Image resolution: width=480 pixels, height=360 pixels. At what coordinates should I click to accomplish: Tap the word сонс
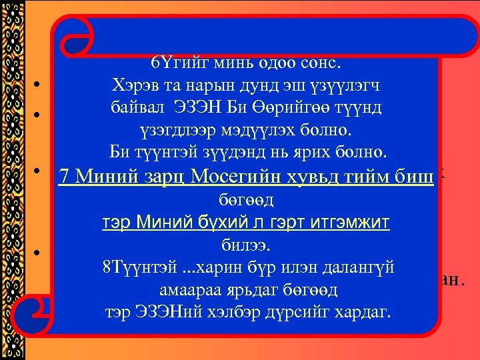click(x=319, y=64)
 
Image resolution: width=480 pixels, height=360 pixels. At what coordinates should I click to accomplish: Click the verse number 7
click(x=64, y=176)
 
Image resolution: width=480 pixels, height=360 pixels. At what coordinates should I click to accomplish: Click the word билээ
click(x=246, y=246)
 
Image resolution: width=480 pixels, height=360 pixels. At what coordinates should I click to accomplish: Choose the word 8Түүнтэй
click(x=133, y=268)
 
